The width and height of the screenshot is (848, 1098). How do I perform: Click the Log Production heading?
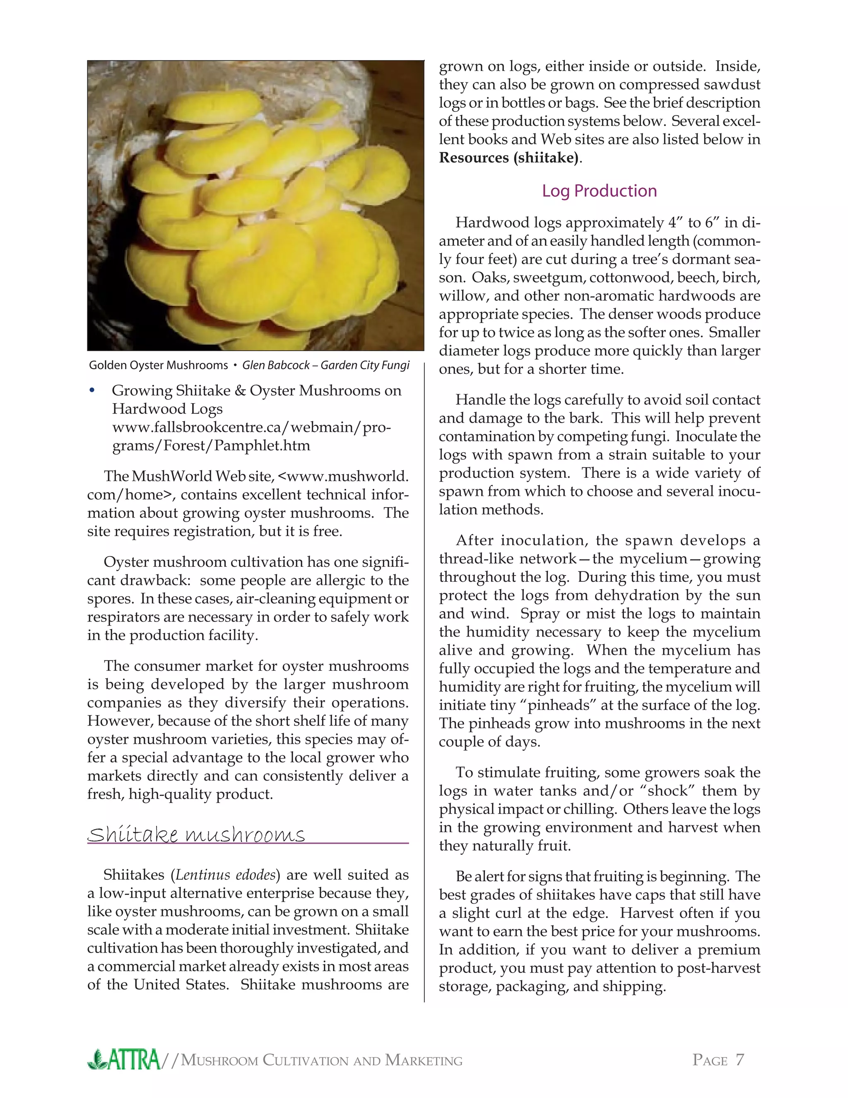(x=599, y=191)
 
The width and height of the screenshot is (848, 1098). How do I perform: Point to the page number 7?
(x=740, y=1060)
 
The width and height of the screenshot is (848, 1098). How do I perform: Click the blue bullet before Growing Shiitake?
(x=92, y=391)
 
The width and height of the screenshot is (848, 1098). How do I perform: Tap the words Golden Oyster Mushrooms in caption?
(x=158, y=365)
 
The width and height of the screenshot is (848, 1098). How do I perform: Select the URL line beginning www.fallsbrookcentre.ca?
(x=251, y=427)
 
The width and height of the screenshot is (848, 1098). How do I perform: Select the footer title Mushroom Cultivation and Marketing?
(x=321, y=1061)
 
